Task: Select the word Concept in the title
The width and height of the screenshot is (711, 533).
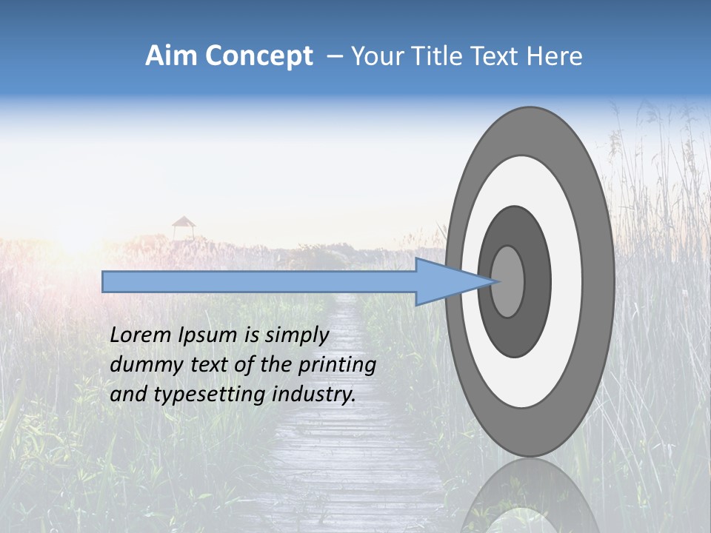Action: [x=259, y=56]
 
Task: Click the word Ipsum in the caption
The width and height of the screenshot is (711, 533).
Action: [x=207, y=336]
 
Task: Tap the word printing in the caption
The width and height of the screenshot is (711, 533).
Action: [x=337, y=366]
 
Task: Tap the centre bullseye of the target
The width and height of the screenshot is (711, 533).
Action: [x=508, y=282]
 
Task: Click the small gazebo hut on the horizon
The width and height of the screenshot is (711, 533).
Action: [x=183, y=227]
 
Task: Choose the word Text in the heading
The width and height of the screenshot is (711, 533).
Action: [x=499, y=56]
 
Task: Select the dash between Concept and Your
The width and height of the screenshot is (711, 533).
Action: [x=335, y=56]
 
